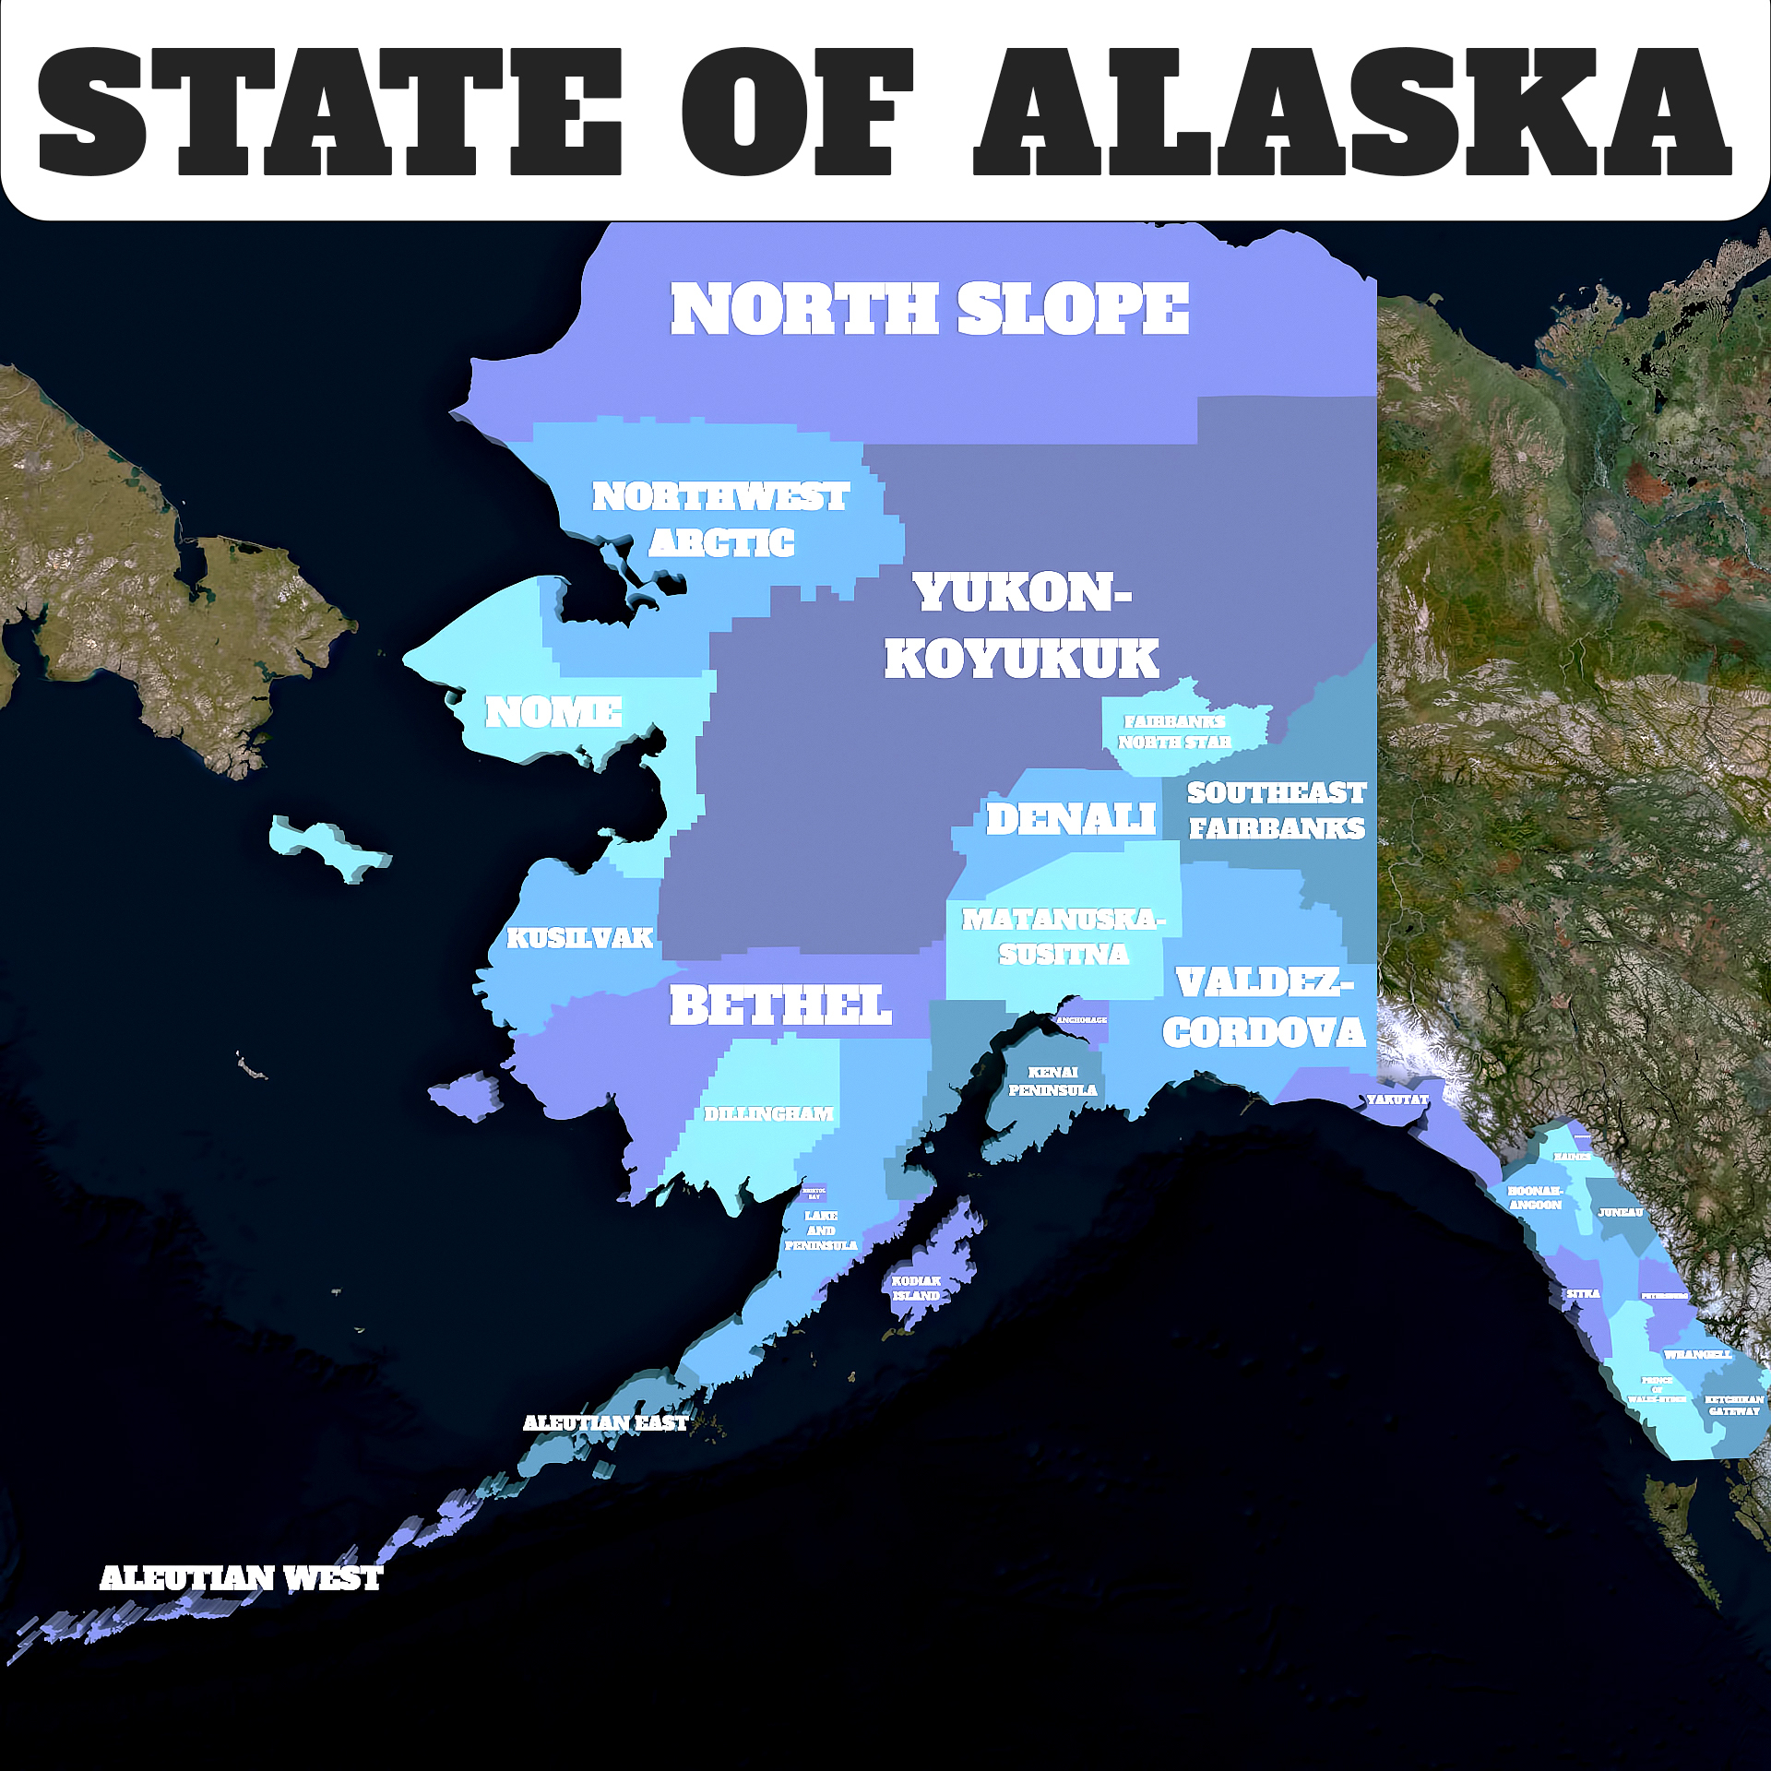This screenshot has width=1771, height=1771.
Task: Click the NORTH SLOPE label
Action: coord(929,309)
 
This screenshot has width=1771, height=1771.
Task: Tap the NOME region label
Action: coord(553,712)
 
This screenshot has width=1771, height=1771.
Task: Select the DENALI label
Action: coord(1070,819)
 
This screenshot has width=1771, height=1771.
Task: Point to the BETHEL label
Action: coord(780,1005)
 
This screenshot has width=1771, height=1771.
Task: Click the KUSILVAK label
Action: coord(579,938)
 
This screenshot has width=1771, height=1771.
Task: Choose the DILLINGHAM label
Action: coord(768,1114)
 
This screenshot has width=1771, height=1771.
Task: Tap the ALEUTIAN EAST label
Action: coord(605,1423)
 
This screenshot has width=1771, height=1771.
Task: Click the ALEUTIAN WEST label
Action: coord(241,1578)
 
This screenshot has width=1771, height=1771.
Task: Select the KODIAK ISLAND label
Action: coord(916,1288)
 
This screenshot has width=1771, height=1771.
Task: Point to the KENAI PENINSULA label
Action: coord(1052,1081)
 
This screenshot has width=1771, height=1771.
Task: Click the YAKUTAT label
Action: coord(1397,1099)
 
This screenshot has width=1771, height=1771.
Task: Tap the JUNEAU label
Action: coord(1621,1212)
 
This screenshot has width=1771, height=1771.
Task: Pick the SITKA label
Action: coord(1583,1293)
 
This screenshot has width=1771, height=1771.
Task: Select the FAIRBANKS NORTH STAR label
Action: coord(1174,731)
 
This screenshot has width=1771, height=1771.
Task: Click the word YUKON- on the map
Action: coord(1022,593)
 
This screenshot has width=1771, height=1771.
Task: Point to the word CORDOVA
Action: coord(1264,1032)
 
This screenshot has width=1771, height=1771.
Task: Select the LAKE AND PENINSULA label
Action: coord(821,1230)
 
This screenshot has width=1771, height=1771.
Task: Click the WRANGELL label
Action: coord(1698,1355)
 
